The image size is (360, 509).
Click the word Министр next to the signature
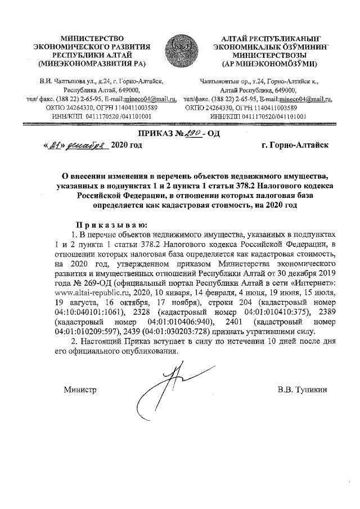(80, 389)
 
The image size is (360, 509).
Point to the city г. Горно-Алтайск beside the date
(294, 145)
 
